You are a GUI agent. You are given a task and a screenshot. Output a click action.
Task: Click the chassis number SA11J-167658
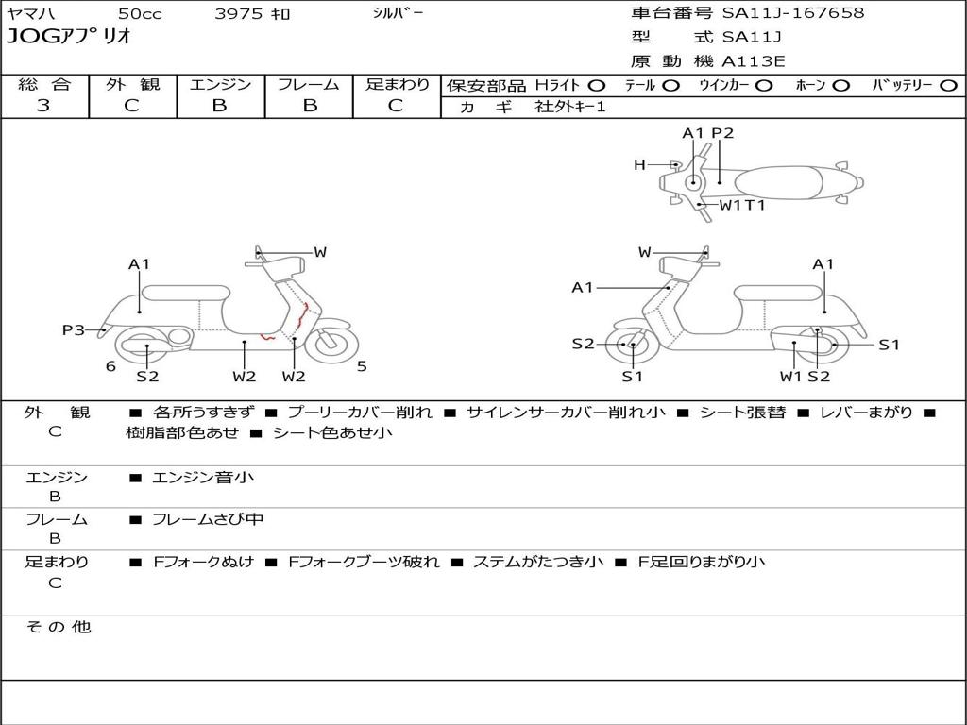tap(793, 13)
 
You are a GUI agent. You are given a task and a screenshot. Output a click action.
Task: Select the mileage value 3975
tap(240, 14)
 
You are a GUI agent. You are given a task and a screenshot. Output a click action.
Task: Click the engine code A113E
tap(754, 62)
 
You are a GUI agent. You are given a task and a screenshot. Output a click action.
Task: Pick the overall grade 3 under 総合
tap(43, 106)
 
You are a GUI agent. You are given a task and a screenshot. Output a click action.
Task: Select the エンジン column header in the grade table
tap(220, 84)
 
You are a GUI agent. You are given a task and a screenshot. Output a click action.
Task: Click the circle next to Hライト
tap(596, 85)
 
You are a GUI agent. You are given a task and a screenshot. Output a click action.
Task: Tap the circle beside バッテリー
tap(948, 85)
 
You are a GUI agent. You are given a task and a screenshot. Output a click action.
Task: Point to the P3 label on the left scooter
tap(73, 329)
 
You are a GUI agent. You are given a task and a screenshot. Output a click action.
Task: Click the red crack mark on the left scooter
tap(305, 312)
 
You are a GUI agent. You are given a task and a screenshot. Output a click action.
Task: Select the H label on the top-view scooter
tap(639, 165)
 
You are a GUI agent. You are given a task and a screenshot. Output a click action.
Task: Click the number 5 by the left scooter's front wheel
tap(362, 366)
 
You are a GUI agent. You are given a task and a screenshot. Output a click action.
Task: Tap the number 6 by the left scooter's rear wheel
tap(110, 366)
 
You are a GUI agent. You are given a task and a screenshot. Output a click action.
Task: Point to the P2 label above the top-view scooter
tap(722, 133)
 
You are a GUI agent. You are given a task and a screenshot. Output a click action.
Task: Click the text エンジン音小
tap(203, 478)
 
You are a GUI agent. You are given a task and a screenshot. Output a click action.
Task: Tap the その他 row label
tap(58, 627)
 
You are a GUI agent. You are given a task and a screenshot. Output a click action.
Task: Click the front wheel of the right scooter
tap(631, 345)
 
